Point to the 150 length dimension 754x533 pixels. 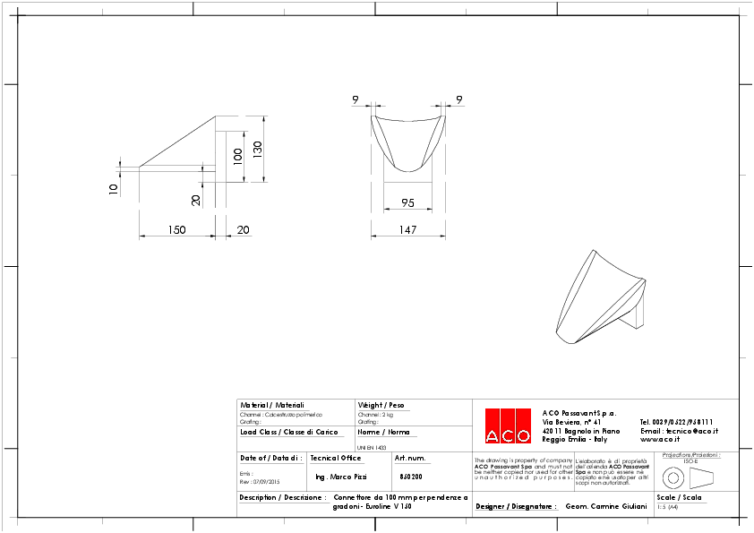tap(176, 230)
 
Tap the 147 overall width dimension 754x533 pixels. tap(407, 230)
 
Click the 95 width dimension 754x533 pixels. tap(407, 202)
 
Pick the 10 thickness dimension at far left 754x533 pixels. tap(113, 189)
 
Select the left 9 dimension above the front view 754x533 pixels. tap(356, 99)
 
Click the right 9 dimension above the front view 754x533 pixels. tap(459, 99)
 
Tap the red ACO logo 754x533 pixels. tap(508, 426)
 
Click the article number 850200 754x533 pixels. tap(410, 477)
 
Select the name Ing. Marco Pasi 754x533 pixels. tap(341, 477)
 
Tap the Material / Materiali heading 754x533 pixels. tap(272, 405)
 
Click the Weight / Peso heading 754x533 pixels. tap(381, 405)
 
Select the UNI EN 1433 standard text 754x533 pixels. tap(372, 446)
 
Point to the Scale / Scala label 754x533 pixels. tap(679, 496)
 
